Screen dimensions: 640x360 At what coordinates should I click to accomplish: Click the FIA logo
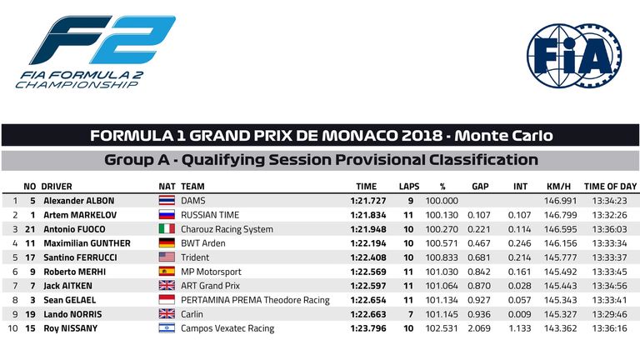pos(574,55)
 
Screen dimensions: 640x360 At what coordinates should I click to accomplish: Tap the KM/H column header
pos(558,187)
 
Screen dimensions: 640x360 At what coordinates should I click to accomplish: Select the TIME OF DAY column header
pos(610,187)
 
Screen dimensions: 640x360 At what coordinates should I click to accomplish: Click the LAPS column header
pos(409,187)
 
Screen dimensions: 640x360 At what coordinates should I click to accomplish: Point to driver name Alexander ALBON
pos(79,201)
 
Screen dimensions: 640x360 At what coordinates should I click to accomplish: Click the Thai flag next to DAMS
pos(167,200)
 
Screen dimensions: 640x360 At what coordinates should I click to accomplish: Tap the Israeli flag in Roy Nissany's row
pos(167,328)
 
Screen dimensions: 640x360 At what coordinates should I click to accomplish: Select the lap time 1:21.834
pos(367,215)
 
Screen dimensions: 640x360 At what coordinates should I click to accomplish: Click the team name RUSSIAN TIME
pos(210,215)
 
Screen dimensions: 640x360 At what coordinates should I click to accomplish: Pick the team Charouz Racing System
pos(227,229)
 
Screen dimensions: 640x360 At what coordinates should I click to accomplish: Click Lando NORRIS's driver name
pos(72,314)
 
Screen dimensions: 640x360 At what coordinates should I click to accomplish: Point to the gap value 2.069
pos(479,328)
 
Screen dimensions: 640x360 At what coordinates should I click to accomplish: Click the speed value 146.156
pos(560,243)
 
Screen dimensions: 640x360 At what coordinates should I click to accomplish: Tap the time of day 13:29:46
pos(609,314)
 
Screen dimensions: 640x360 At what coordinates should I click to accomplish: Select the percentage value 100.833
pos(442,257)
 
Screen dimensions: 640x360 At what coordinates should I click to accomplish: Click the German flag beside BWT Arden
pos(167,243)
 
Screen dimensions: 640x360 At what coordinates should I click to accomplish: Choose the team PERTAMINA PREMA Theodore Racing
pos(255,300)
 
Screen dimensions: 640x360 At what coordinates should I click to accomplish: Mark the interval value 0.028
pos(520,286)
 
